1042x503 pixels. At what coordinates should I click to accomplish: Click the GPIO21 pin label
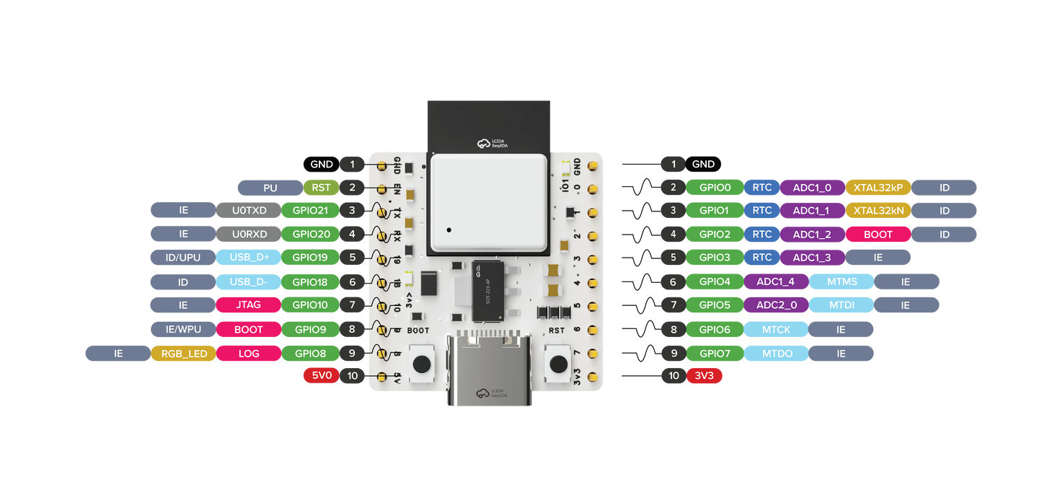pos(310,211)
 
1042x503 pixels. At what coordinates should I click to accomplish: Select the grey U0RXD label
pos(249,234)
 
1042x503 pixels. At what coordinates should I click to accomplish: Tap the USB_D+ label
pos(249,258)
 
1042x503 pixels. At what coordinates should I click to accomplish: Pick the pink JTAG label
pos(249,305)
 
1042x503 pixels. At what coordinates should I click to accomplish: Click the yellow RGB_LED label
pos(183,354)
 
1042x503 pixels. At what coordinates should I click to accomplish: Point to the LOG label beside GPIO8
pos(249,354)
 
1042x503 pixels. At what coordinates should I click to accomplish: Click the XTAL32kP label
pos(878,188)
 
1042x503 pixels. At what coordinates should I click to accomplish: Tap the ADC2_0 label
pos(776,305)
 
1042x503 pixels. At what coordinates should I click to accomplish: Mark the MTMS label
pos(841,281)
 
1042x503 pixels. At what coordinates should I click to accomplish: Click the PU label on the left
pos(270,188)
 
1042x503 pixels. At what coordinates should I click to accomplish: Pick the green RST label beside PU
pos(321,188)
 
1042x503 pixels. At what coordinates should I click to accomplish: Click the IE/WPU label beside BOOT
pos(183,329)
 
